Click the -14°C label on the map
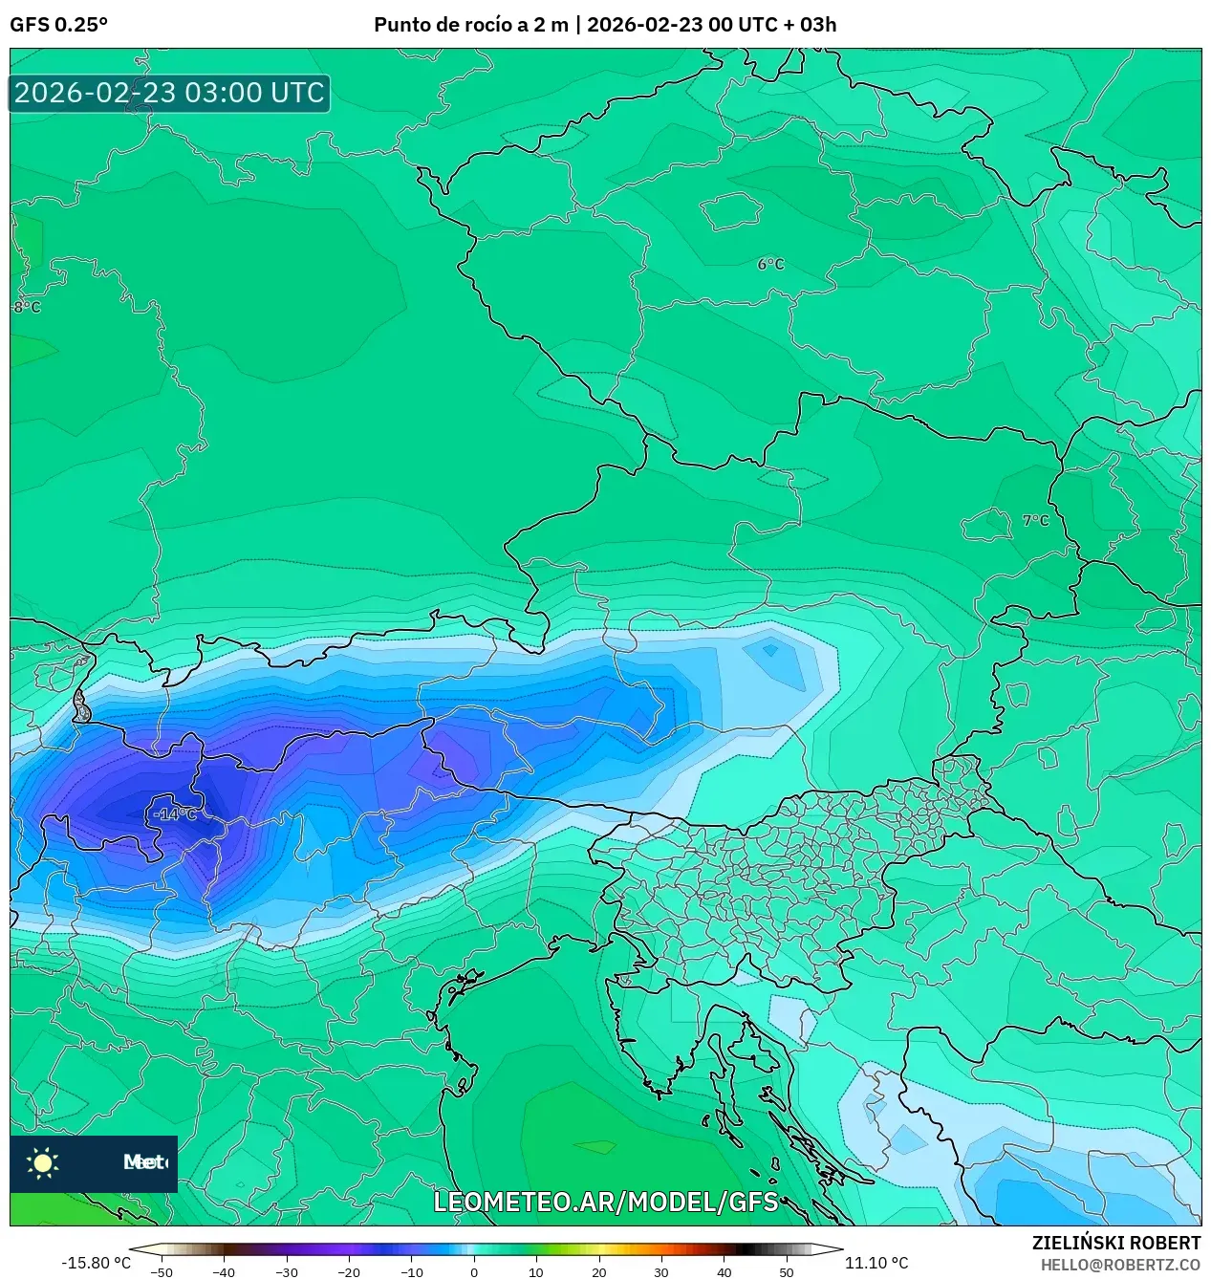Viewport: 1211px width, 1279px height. click(x=176, y=814)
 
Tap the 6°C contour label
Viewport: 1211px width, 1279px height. click(x=770, y=265)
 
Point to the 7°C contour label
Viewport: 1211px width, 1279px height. click(x=1035, y=521)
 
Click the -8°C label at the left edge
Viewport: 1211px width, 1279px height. click(x=27, y=308)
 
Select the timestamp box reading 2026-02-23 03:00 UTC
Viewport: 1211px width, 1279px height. click(x=169, y=94)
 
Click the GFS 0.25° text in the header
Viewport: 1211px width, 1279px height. click(x=58, y=25)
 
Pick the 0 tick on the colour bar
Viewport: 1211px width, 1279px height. click(x=474, y=1271)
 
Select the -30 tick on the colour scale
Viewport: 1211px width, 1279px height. click(x=287, y=1271)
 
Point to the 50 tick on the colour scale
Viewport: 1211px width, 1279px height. click(x=787, y=1271)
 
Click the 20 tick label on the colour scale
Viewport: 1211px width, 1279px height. click(x=599, y=1271)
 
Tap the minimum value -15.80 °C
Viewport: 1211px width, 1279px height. click(x=96, y=1263)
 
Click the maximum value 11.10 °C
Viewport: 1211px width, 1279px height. click(x=876, y=1263)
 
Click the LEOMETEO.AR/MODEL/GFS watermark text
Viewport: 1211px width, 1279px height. click(x=606, y=1202)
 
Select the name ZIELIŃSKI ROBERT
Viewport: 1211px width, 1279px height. click(x=1115, y=1244)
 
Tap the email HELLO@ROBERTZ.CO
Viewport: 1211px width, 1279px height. click(x=1120, y=1265)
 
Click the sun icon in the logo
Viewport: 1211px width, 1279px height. click(x=43, y=1163)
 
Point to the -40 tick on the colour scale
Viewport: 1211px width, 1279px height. click(x=224, y=1271)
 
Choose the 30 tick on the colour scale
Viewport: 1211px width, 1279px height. click(x=661, y=1271)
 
